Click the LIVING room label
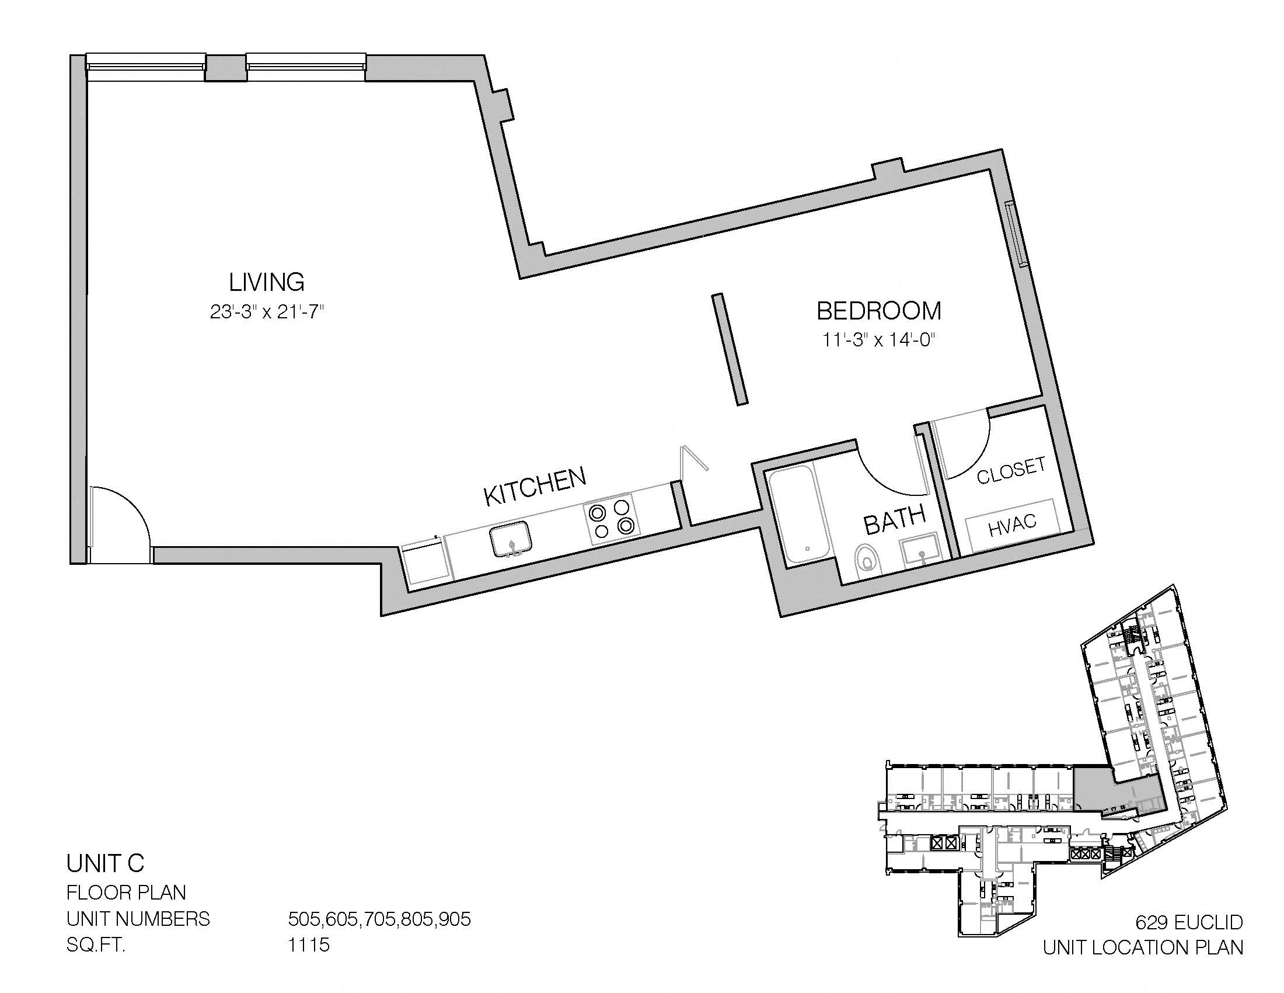266,282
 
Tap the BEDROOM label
879,311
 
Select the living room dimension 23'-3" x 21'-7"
267,312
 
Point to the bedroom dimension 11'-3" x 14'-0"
878,340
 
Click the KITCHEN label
535,487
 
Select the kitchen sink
512,539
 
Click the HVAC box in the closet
1013,525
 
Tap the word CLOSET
1011,471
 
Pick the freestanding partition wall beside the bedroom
730,349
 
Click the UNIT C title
105,863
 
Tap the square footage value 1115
309,945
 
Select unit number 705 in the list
380,918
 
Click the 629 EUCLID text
1189,922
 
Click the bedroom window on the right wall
1016,235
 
